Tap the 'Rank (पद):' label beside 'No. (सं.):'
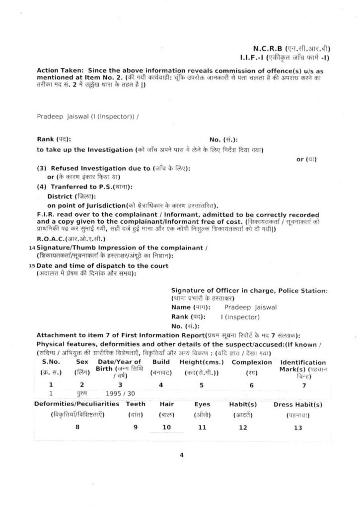point(57,140)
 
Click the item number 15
point(32,265)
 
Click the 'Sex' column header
point(82,362)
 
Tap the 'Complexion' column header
point(253,362)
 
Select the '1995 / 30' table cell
point(120,392)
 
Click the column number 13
point(297,428)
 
